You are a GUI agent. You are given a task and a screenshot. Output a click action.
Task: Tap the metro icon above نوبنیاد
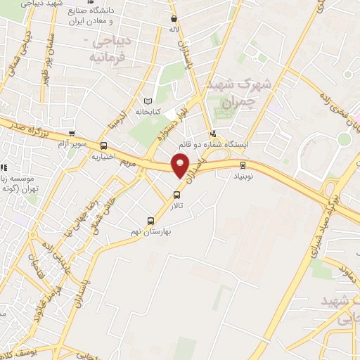click(243, 166)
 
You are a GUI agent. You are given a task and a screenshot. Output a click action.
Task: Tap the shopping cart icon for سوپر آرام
click(71, 133)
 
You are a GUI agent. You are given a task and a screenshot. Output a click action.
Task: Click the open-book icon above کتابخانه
click(148, 100)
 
